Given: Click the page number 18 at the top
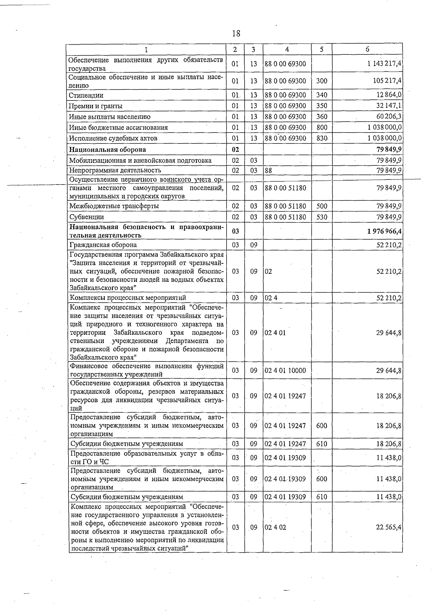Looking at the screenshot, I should [x=236, y=34].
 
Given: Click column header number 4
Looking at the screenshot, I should [x=287, y=49].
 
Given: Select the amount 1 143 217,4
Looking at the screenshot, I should [x=385, y=64].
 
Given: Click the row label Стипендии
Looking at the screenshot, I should [x=86, y=95].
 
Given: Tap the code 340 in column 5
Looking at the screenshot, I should [x=322, y=95].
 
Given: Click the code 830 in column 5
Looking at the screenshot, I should [x=322, y=138].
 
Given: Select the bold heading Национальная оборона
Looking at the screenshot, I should [x=108, y=150].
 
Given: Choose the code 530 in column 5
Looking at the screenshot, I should [x=322, y=217].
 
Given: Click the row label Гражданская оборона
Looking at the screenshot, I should [x=103, y=245].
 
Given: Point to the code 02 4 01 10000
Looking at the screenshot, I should [x=285, y=370].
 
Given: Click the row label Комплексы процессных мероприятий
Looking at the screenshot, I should [x=128, y=298].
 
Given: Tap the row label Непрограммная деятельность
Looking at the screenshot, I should [x=115, y=170].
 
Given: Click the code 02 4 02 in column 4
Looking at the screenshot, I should [x=275, y=527].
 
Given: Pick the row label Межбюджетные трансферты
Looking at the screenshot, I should [x=114, y=206].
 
